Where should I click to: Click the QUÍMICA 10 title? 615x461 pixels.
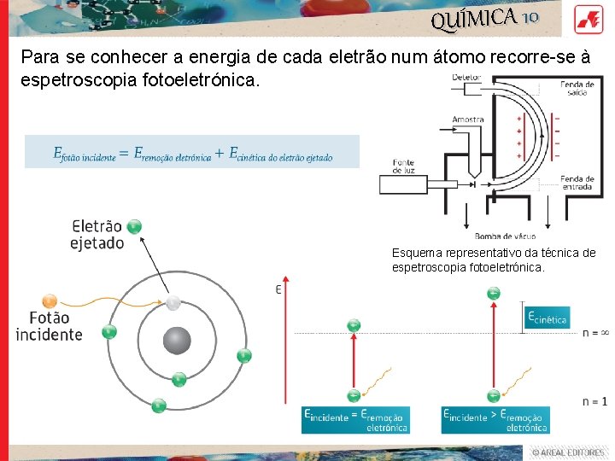point(484,17)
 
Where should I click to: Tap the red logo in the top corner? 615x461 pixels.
point(589,18)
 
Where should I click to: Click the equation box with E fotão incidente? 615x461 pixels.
point(192,153)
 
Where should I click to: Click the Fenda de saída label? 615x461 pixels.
point(577,88)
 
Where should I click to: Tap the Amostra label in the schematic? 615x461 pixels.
point(468,120)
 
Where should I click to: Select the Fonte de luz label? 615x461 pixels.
point(405,166)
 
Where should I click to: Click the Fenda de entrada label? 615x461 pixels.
point(577,183)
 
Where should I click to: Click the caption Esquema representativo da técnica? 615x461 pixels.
point(493,260)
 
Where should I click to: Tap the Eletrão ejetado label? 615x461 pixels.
point(97,235)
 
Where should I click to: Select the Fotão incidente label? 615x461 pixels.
point(50,325)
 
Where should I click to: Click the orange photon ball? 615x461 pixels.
point(50,301)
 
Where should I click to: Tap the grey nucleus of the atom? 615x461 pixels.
point(177,341)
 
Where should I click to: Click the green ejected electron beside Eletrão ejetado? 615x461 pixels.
point(133,226)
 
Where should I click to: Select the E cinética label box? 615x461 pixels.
point(547,319)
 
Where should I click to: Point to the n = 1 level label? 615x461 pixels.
point(594,400)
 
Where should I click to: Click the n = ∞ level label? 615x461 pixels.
point(594,332)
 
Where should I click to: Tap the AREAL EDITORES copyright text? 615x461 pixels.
point(567,452)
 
